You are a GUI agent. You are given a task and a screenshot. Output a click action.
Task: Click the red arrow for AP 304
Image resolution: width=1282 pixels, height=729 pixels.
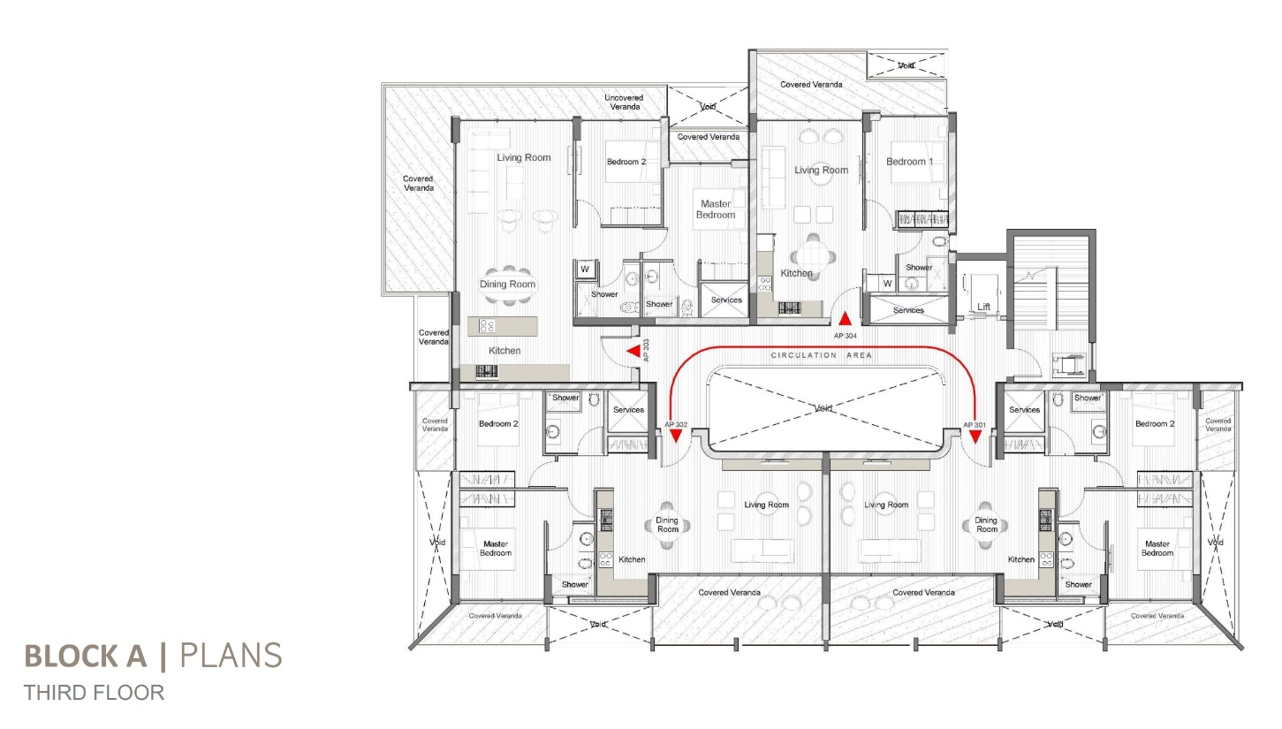point(845,319)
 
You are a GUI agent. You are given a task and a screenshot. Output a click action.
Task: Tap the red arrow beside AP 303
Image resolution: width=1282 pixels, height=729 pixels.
point(633,351)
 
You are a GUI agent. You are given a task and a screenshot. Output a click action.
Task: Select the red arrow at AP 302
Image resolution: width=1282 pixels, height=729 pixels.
point(676,436)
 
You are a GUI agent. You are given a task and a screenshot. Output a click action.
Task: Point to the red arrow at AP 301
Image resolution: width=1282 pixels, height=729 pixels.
point(975,437)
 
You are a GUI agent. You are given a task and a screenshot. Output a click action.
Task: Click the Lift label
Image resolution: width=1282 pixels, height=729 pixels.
point(983,307)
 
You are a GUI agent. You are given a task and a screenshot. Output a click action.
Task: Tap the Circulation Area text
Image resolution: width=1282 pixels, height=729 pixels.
point(822,355)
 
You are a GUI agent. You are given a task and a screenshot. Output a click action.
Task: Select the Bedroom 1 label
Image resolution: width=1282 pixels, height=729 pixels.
point(909,162)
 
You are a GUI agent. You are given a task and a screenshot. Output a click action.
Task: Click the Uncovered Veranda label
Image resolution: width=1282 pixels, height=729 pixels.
point(624,103)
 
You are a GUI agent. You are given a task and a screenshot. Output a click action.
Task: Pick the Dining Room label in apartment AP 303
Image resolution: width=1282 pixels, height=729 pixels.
point(508,284)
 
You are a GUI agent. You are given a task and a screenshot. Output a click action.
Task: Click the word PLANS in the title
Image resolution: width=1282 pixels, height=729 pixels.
point(231,656)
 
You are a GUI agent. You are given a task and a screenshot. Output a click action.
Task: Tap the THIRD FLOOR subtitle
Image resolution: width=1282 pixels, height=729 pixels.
point(94,693)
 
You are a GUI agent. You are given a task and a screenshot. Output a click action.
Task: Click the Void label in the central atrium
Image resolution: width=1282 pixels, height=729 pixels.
point(823,408)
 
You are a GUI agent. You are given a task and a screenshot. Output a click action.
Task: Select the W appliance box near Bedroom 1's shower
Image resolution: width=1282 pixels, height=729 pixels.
point(887,284)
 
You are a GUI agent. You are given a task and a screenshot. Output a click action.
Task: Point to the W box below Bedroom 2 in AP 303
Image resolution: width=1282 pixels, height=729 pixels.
point(585,269)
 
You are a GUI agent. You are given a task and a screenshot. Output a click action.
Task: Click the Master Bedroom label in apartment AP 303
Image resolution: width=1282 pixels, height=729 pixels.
point(716,209)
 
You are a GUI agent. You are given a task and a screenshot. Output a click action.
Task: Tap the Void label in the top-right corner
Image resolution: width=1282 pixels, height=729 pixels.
point(906,65)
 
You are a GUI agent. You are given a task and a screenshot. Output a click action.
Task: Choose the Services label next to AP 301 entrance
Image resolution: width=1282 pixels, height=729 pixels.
point(1024,410)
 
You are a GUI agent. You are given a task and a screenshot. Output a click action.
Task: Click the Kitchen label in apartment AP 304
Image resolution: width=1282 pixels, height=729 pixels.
point(797,274)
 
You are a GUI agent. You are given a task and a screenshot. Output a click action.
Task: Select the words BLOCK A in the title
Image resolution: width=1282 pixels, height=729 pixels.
point(86,656)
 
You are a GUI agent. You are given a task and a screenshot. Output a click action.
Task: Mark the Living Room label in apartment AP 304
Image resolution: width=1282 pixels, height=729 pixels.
point(822,170)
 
